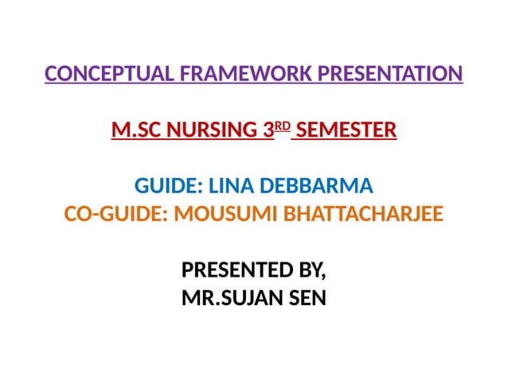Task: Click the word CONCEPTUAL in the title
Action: [111, 75]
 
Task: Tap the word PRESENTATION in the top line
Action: [389, 75]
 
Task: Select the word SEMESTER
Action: [346, 129]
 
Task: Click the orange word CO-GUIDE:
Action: [112, 215]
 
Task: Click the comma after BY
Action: [324, 278]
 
